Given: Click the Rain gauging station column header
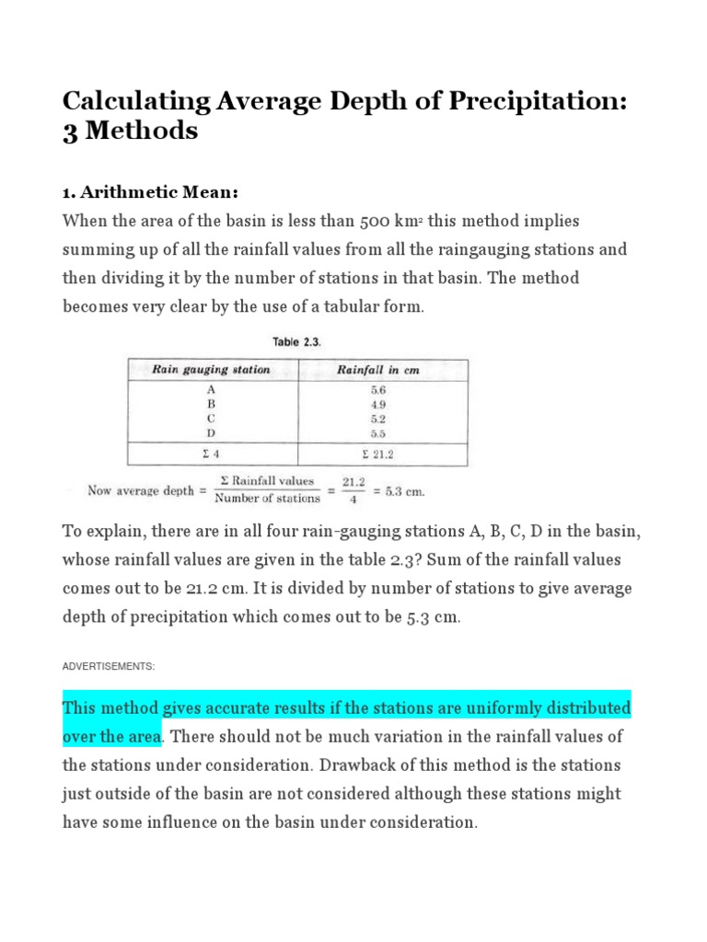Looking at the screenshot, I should point(212,370).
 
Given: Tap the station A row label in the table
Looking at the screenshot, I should point(212,389).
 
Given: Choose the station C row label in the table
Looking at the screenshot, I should point(212,418).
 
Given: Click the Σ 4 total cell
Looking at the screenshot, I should point(212,454).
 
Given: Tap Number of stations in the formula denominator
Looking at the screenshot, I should point(267,499).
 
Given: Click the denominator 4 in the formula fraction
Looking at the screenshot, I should point(353,500).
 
